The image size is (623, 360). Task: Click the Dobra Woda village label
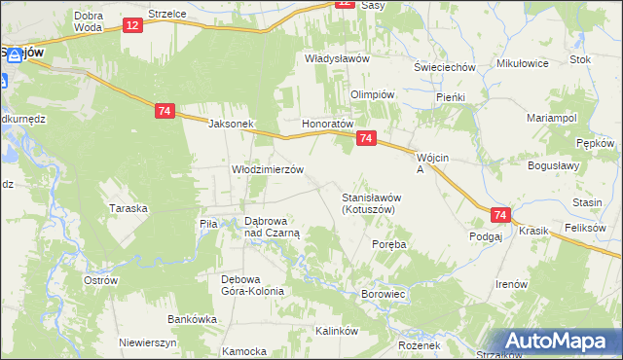88,21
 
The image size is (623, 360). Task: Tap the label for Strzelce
167,15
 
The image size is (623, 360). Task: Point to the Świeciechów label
444,67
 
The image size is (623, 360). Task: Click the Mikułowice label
523,63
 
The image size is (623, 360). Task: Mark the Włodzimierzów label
267,168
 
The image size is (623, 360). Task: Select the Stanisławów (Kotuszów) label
372,203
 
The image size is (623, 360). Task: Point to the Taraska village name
128,208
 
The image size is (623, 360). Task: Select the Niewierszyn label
147,343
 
